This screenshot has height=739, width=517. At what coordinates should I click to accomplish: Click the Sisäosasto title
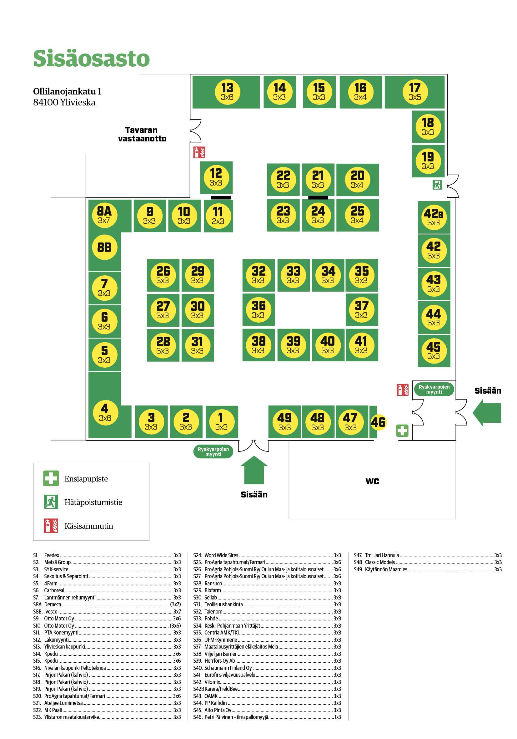coord(91,59)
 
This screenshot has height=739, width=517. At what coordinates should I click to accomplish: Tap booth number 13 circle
coord(227,92)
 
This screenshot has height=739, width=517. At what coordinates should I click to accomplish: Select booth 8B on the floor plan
coord(104,247)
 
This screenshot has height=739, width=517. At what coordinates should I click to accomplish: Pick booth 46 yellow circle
coord(378,422)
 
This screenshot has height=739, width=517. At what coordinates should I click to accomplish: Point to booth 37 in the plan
coord(361,309)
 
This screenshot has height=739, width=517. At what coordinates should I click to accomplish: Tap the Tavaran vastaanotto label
coord(142,134)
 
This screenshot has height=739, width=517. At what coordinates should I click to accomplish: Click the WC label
coord(372,481)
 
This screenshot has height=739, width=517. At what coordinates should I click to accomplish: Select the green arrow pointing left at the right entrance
coord(487,412)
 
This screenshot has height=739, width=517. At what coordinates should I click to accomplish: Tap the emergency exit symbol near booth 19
coord(437,185)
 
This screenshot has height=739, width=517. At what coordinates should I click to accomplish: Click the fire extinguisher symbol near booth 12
coord(199,152)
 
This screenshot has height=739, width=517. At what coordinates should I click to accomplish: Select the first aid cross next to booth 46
coord(402,430)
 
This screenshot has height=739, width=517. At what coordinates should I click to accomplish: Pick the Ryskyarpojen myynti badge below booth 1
coord(213,451)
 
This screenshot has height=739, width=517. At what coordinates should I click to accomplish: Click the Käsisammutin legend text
coord(89,526)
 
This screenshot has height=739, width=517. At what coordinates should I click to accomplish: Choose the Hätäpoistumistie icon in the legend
coord(51,502)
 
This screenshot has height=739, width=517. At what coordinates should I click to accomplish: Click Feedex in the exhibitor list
coord(52,555)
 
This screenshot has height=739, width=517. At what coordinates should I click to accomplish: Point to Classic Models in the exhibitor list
coord(380,562)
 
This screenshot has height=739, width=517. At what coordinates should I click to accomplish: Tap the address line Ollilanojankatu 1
coord(67,91)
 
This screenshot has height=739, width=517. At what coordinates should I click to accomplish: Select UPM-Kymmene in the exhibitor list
coord(221,640)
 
